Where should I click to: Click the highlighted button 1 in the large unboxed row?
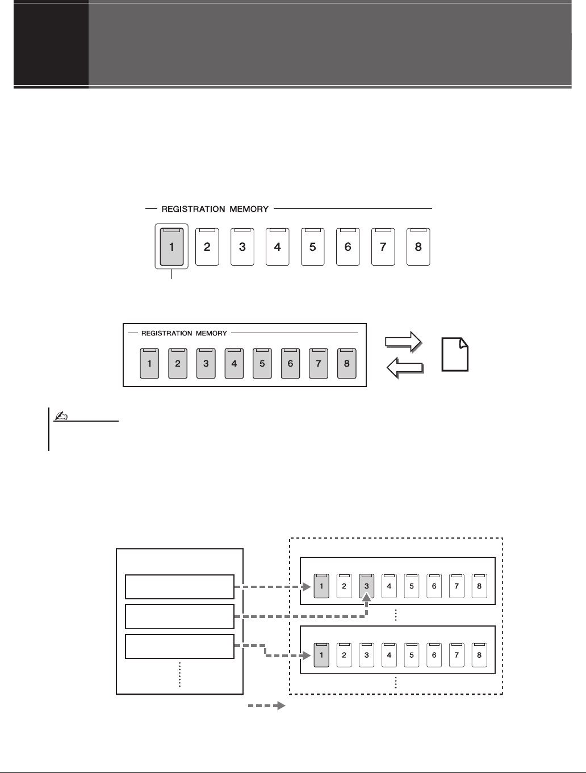click(x=171, y=247)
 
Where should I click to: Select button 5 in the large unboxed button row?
click(x=312, y=247)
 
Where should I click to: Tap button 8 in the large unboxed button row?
click(x=418, y=247)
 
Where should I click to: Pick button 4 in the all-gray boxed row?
click(x=234, y=364)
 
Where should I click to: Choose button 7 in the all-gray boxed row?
click(x=319, y=364)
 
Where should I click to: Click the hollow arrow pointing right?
click(x=404, y=341)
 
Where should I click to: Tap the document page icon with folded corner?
click(x=455, y=354)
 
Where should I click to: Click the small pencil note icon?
click(x=60, y=417)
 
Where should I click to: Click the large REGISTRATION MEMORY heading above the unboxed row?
click(x=215, y=209)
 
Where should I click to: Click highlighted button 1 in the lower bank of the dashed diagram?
click(x=321, y=654)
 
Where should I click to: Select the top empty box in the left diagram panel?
click(x=179, y=587)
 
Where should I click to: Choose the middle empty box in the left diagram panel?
click(x=179, y=616)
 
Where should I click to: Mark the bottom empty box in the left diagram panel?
click(x=179, y=646)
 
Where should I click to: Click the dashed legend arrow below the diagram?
click(x=266, y=706)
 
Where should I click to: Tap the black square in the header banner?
click(x=51, y=44)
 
